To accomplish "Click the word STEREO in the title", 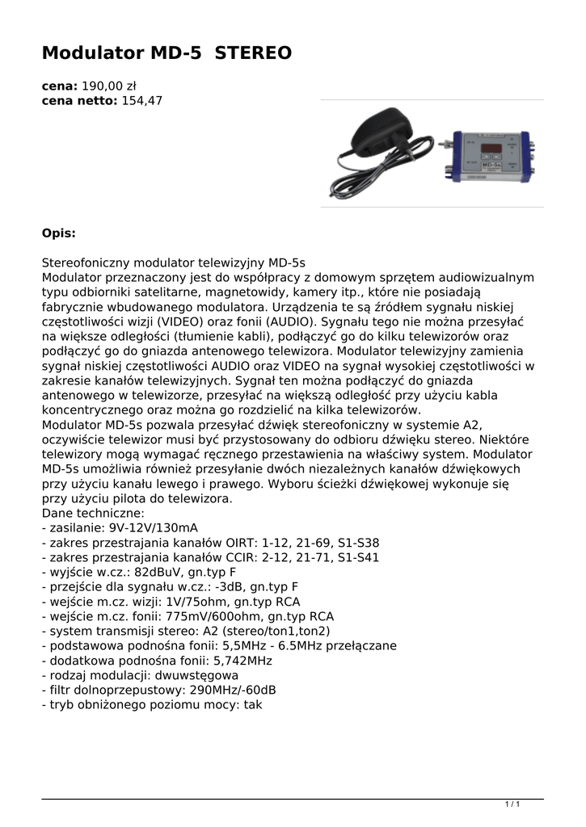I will (x=253, y=54).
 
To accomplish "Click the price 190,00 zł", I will (x=109, y=86).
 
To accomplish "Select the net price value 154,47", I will (x=142, y=101).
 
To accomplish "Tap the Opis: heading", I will (x=59, y=233).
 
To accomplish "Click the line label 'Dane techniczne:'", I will (x=93, y=513).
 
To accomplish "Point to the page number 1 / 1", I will (x=512, y=804).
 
